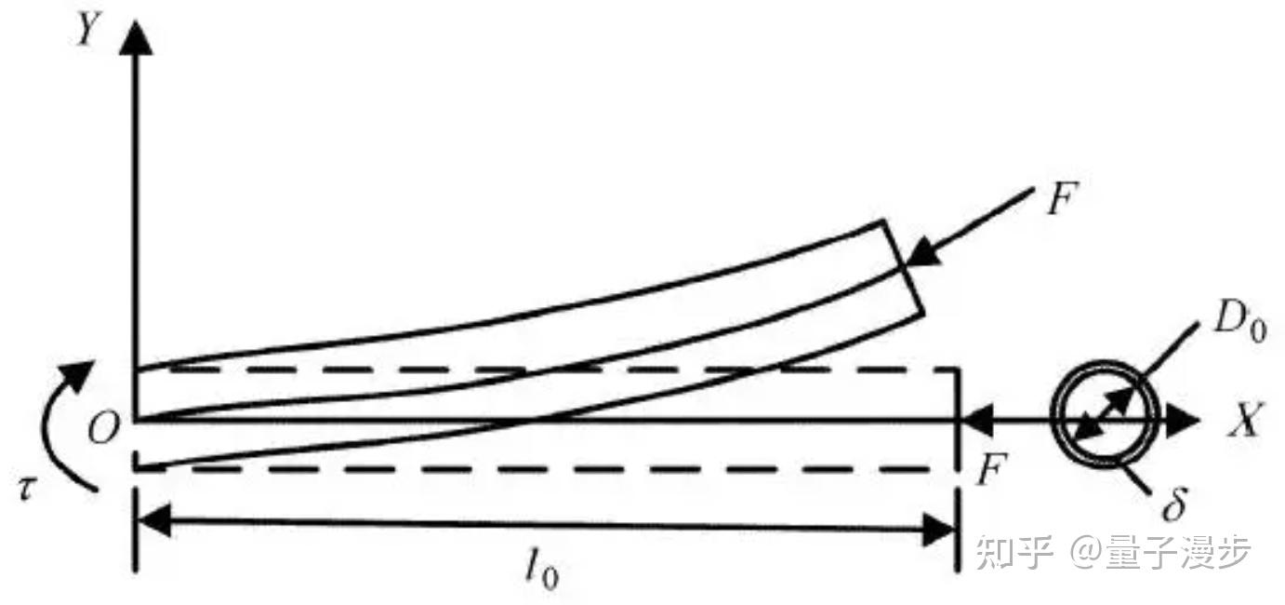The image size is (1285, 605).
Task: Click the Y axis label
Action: (x=86, y=32)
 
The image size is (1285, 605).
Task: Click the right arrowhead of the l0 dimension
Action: (x=939, y=533)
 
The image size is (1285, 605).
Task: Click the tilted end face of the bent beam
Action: (x=902, y=268)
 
